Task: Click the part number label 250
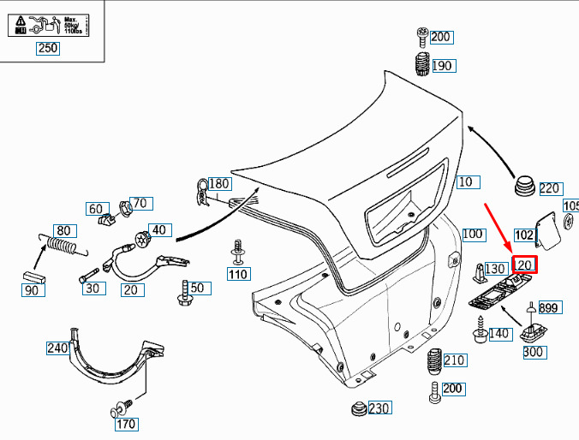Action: [48, 49]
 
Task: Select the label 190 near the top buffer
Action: [442, 66]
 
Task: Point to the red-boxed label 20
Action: [524, 265]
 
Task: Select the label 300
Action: [532, 352]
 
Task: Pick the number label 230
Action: [379, 408]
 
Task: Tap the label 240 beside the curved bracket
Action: [57, 348]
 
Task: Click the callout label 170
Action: [126, 423]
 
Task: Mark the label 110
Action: [237, 275]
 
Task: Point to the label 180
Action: [219, 183]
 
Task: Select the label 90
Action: [32, 291]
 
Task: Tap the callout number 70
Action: [140, 203]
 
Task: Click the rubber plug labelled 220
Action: [524, 186]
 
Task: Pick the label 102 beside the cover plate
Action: [524, 234]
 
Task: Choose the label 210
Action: [455, 360]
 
